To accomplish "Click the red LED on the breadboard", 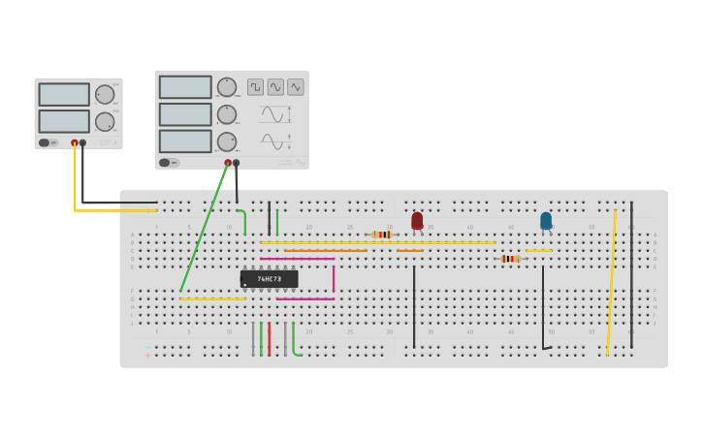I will click(x=417, y=221).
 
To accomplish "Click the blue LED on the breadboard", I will click(x=546, y=221).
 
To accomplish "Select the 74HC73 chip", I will click(x=269, y=279).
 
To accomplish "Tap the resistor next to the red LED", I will click(x=383, y=235).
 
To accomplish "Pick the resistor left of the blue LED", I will click(x=511, y=259).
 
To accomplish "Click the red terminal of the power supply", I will click(x=75, y=142).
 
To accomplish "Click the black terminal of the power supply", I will click(x=82, y=142).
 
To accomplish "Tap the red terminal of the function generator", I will click(x=228, y=163).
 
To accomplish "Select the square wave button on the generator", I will click(x=255, y=87).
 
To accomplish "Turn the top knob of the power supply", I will click(x=104, y=94).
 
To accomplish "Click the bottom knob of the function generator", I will click(x=226, y=141).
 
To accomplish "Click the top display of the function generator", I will click(x=185, y=87).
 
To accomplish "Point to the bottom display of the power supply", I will click(x=64, y=121).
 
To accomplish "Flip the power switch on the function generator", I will click(x=164, y=163).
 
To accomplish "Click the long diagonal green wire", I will click(x=204, y=228).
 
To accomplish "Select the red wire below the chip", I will click(x=270, y=339).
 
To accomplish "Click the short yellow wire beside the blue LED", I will click(x=539, y=251).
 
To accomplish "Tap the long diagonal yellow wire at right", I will click(x=611, y=281).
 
